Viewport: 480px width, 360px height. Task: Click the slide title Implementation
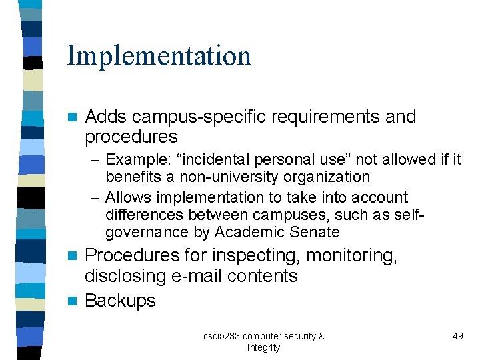159,56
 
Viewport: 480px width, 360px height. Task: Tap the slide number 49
457,336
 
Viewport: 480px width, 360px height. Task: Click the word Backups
120,301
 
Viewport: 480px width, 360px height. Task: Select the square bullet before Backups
73,301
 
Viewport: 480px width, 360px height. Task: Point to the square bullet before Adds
73,117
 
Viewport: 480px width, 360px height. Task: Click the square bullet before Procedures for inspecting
73,255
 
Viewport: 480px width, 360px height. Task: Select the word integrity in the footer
263,347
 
